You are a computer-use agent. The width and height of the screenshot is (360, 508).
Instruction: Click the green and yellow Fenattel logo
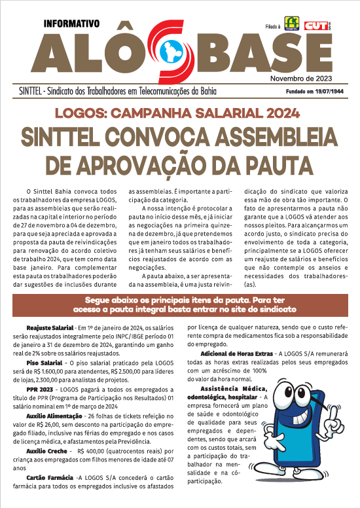(291, 24)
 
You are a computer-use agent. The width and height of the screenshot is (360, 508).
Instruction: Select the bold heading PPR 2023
(40, 388)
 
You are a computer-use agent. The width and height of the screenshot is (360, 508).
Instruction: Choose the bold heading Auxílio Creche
(46, 451)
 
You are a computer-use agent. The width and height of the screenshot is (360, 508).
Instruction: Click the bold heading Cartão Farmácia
(48, 478)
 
